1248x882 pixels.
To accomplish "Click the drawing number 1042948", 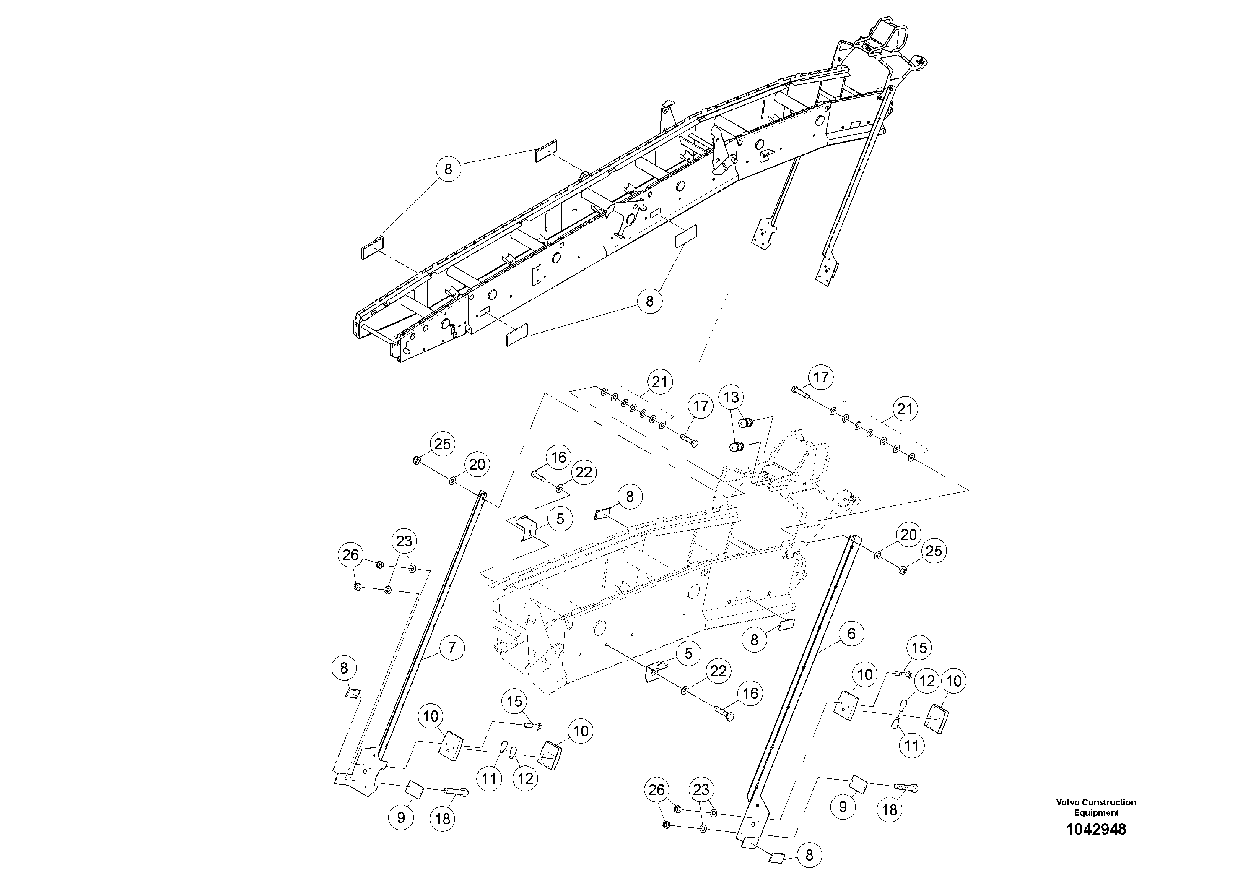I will click(x=1096, y=829).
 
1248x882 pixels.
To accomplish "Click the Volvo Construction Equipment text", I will click(x=1096, y=807).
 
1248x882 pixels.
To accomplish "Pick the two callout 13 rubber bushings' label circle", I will click(x=731, y=398).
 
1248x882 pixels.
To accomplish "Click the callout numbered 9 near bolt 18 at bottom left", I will click(x=401, y=818).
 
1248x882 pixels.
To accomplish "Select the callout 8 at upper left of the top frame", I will click(x=448, y=169).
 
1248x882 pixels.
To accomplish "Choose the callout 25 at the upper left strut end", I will click(x=442, y=444).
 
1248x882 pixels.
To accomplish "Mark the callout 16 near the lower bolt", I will click(x=750, y=693).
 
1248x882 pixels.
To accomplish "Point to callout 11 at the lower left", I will click(x=489, y=779).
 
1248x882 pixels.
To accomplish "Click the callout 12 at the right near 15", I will click(x=927, y=681).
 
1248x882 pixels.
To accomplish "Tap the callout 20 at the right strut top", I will click(x=909, y=535).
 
